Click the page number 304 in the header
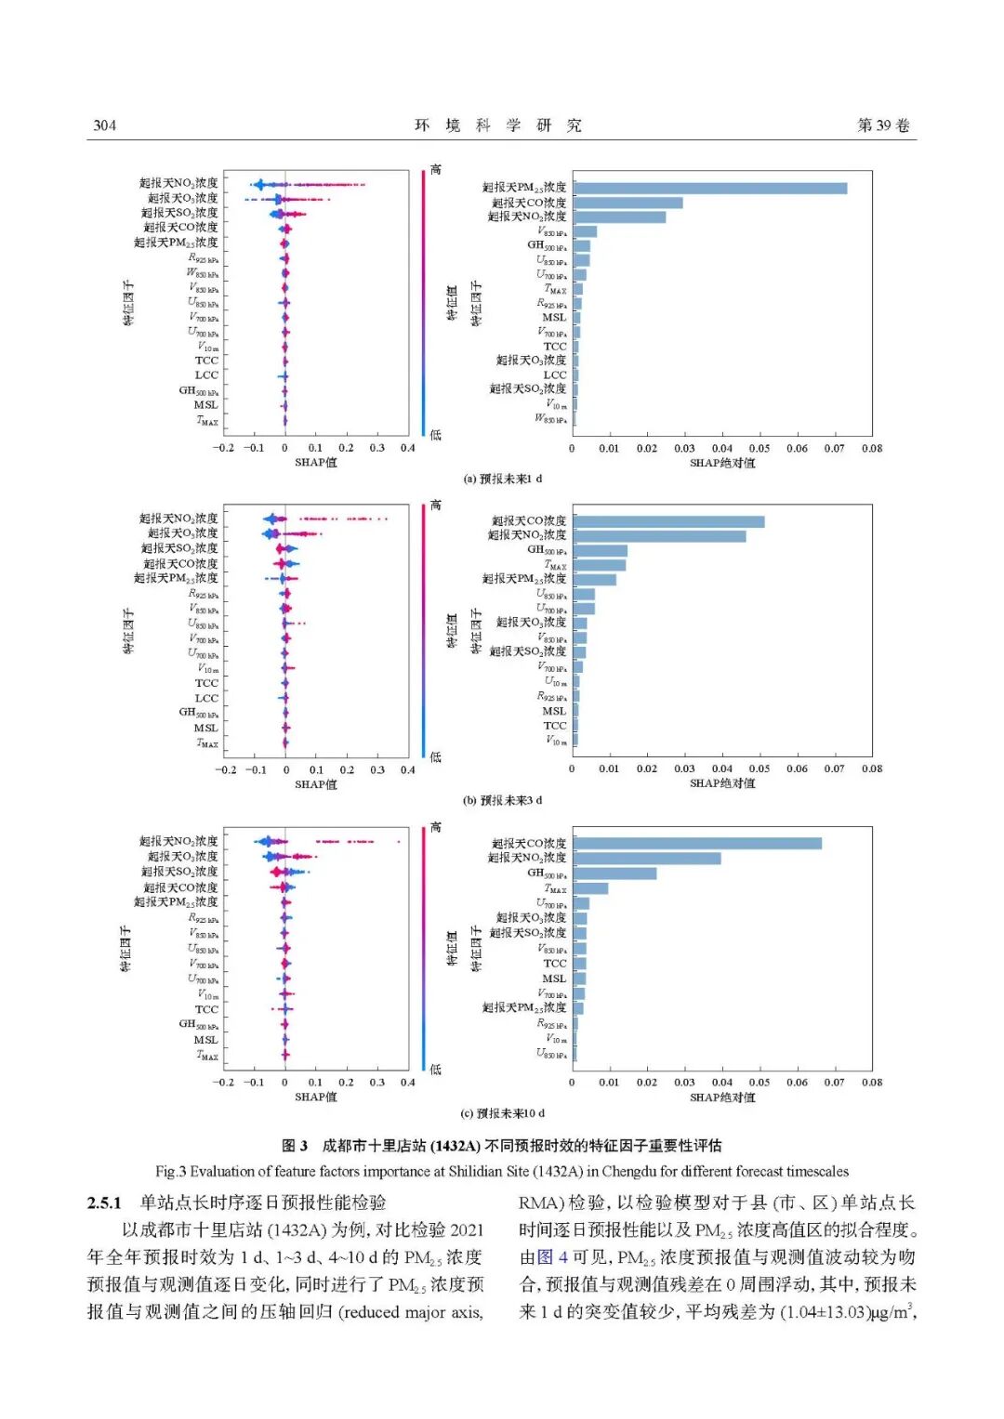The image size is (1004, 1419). [x=104, y=125]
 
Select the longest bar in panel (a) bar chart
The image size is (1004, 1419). [x=709, y=189]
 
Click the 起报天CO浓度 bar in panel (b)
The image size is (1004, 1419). [x=668, y=522]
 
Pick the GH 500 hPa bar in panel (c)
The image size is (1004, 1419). [x=614, y=874]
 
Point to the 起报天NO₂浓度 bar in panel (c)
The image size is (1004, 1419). [x=647, y=859]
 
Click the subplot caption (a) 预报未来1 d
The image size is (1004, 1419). [x=502, y=480]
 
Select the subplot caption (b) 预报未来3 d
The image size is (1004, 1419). [x=502, y=800]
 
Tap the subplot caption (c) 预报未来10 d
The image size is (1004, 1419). [x=502, y=1113]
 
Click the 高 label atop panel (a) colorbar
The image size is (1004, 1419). [x=436, y=170]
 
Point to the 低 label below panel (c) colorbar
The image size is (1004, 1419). [x=436, y=1070]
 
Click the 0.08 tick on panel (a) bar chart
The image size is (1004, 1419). [x=872, y=449]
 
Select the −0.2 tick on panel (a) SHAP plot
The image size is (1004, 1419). [x=223, y=448]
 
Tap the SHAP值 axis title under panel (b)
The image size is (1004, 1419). [x=316, y=784]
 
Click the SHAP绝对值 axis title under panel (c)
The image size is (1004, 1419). [x=722, y=1097]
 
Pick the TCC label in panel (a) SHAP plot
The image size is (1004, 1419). [x=206, y=361]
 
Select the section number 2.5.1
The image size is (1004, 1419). [x=104, y=1203]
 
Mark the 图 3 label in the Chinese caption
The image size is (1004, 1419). [x=295, y=1146]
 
